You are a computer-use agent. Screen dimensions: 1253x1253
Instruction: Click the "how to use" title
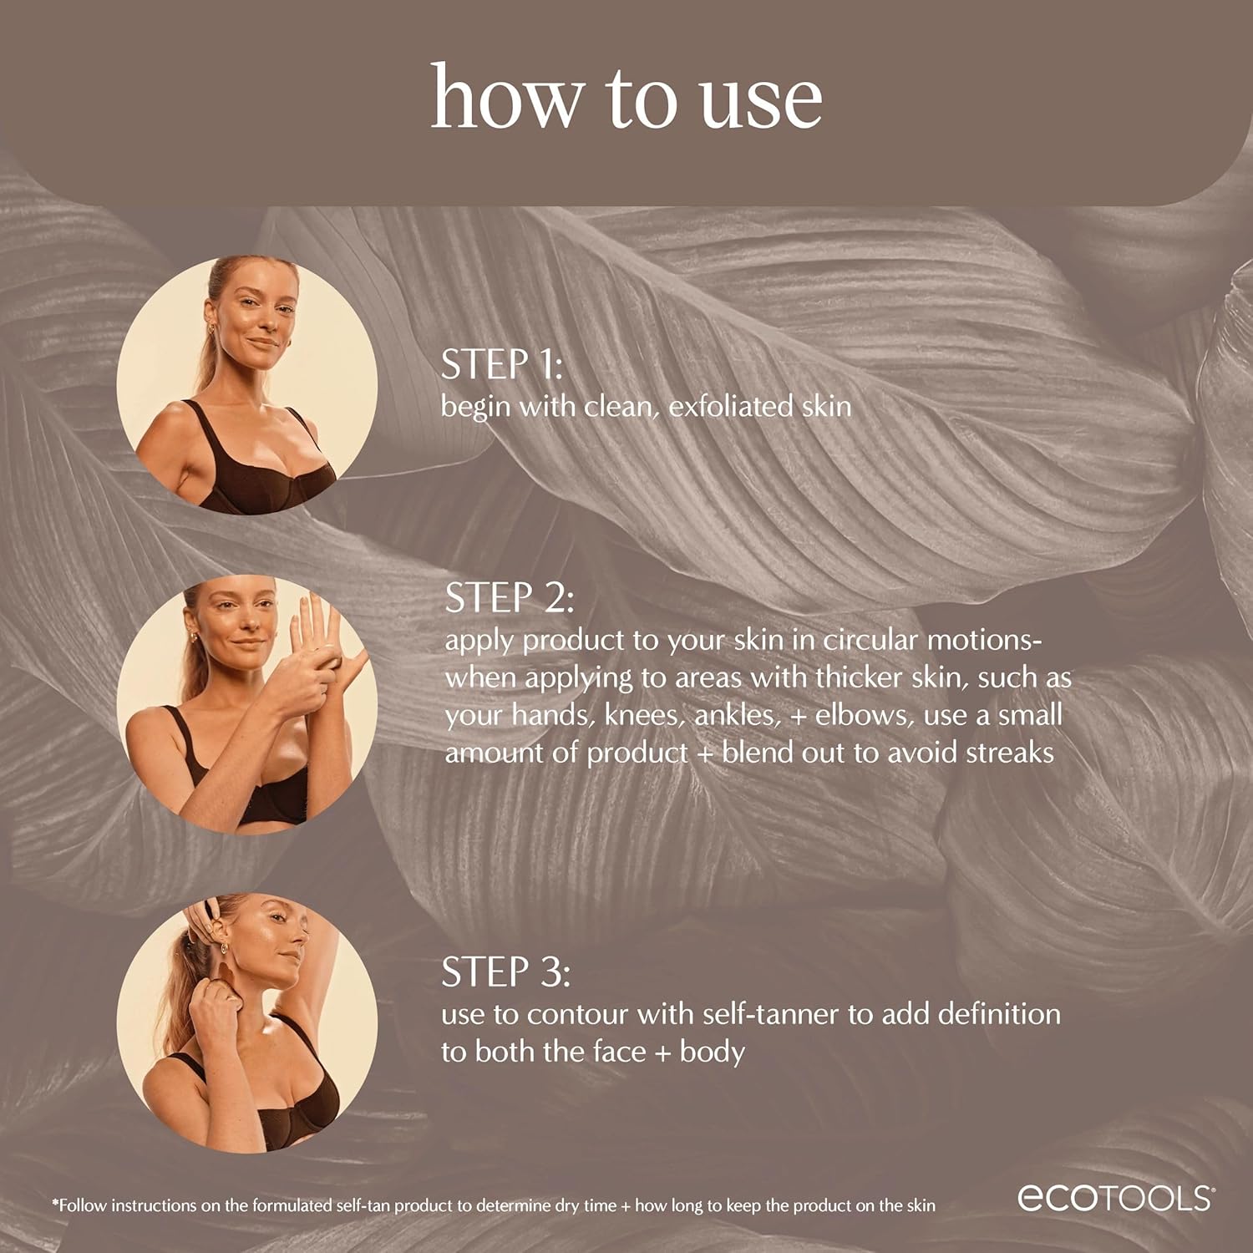[626, 99]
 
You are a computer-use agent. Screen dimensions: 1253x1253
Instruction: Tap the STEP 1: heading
[501, 365]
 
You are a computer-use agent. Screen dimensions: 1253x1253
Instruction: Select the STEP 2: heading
[509, 598]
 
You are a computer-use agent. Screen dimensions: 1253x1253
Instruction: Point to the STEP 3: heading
[505, 972]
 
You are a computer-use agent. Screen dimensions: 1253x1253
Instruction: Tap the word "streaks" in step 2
[1009, 753]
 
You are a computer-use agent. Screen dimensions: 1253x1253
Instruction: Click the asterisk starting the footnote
[55, 1205]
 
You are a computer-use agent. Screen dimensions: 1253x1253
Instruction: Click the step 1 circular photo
[247, 385]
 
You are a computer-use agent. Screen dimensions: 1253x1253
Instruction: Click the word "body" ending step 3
[712, 1052]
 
